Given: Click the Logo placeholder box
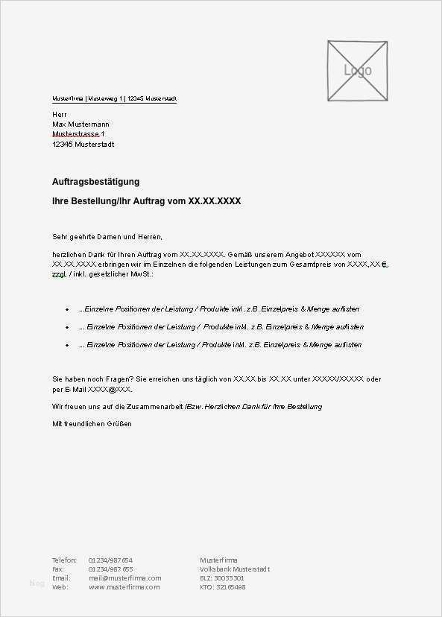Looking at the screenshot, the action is pos(357,71).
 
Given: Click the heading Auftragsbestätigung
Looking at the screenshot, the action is pos(95,182).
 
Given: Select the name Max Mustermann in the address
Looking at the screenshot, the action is pos(80,124).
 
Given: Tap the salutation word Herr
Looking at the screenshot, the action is pos(60,113).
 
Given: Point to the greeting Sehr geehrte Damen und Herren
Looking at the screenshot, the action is pos(107,236).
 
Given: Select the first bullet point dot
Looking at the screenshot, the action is pos(68,309).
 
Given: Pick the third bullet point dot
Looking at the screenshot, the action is pos(68,345).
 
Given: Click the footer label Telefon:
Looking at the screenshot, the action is pos(64,560).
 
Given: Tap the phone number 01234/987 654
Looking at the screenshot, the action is pos(110,560).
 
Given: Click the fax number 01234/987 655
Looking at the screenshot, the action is pos(110,569).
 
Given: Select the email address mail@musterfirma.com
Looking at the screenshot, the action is pos(124,578).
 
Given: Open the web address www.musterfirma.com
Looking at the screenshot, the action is pos(124,586).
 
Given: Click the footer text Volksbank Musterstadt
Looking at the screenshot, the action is pos(235,569).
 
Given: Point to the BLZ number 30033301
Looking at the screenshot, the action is pos(229,578).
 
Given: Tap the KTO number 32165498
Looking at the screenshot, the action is pos(230,586).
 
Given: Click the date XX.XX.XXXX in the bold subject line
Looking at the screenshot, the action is pos(215,201).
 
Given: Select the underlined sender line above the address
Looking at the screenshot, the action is pos(114,98).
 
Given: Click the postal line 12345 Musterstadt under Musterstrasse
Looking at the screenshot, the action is pos(83,145).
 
